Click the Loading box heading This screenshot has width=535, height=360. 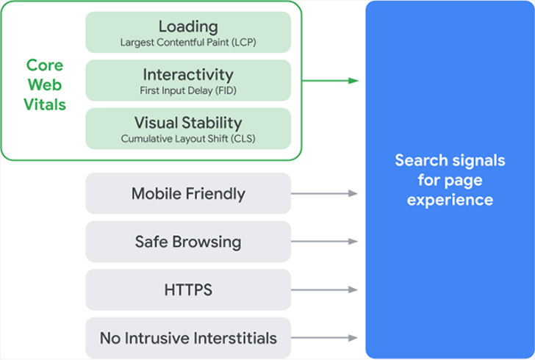pyautogui.click(x=188, y=26)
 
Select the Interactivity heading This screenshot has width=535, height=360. pyautogui.click(x=188, y=74)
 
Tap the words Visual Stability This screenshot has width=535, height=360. pyautogui.click(x=188, y=123)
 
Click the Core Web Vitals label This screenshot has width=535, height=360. pyautogui.click(x=45, y=85)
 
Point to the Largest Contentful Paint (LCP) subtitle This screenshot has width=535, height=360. pyautogui.click(x=188, y=43)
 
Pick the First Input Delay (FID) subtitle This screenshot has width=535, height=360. pyautogui.click(x=188, y=90)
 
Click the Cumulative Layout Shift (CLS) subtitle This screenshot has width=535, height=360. pyautogui.click(x=188, y=138)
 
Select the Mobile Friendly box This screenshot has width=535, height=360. pyautogui.click(x=188, y=194)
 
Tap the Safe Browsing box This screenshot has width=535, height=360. pyautogui.click(x=188, y=242)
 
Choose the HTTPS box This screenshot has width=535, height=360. pyautogui.click(x=188, y=289)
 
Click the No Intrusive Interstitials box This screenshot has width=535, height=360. pyautogui.click(x=188, y=338)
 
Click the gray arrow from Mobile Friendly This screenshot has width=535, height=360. pyautogui.click(x=324, y=194)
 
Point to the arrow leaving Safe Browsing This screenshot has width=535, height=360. pyautogui.click(x=324, y=242)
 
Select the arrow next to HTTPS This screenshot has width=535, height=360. pyautogui.click(x=324, y=289)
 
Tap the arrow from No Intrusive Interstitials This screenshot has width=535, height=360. pyautogui.click(x=324, y=338)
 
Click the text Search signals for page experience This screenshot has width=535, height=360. pyautogui.click(x=450, y=179)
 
